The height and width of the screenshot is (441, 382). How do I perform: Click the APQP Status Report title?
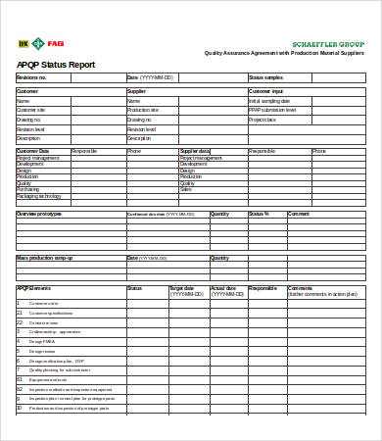coord(56,65)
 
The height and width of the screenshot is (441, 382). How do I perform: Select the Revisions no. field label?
coord(32,76)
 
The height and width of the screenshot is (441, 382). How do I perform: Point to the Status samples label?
coord(265,76)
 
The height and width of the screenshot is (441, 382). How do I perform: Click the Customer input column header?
coord(266,91)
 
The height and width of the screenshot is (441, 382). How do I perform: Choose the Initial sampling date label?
coord(269,100)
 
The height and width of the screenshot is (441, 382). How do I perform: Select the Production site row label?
coord(144,110)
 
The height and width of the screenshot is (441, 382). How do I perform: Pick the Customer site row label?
coord(31,110)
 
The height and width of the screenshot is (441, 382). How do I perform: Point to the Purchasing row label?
coord(29,189)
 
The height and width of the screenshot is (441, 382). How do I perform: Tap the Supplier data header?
coord(196,151)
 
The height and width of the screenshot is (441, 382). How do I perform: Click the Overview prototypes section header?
coord(39,213)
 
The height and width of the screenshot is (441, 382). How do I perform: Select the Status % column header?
coord(259,213)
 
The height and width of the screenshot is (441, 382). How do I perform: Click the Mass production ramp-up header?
coord(45,258)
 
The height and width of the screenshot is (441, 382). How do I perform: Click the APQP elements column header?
coord(34,288)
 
